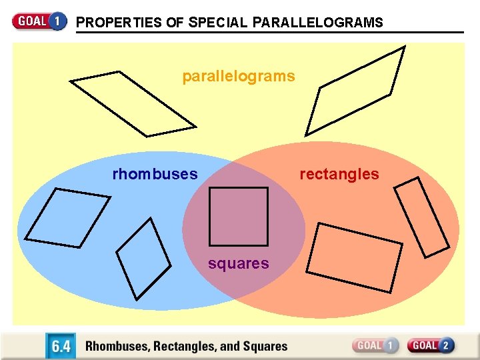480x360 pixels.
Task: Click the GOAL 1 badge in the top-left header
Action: tap(39, 21)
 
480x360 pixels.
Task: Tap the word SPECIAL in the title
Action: tap(218, 23)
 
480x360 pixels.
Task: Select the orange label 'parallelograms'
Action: tap(238, 76)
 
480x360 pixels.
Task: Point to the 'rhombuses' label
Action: tap(155, 175)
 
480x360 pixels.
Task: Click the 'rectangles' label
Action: tap(339, 175)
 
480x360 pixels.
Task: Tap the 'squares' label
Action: tap(238, 264)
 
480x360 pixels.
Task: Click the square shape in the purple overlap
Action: tap(238, 217)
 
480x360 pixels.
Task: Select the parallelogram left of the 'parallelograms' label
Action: tap(133, 103)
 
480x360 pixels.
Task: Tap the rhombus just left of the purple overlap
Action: tap(143, 258)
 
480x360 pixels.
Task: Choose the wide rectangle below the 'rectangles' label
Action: tap(354, 257)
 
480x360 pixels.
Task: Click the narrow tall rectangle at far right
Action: tap(421, 216)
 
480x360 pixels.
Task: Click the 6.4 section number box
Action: tap(61, 346)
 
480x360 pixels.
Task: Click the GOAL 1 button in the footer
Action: tap(375, 345)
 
